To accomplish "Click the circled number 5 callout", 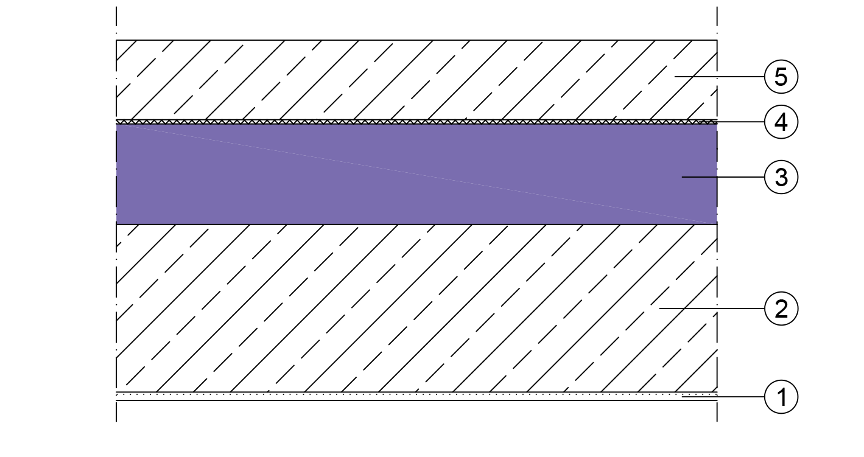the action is point(781,77).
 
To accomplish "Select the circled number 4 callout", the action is point(781,122).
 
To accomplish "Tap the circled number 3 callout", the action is point(781,177).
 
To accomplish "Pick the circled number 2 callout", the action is point(781,309).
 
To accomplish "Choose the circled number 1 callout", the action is point(781,397).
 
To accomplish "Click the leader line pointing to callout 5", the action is point(719,77).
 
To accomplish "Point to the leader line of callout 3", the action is point(723,177).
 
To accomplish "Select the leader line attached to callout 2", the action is point(712,309).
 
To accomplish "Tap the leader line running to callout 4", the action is point(732,122).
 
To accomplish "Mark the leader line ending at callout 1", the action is point(723,397).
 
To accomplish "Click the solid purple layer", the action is point(416,174).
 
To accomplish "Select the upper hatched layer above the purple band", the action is point(416,80).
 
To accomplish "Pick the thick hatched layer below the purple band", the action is point(416,309).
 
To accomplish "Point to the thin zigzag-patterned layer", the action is point(416,122).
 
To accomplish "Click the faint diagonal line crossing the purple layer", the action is point(416,174).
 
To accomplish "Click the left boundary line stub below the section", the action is point(116,411).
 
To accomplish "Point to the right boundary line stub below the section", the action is point(717,411).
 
